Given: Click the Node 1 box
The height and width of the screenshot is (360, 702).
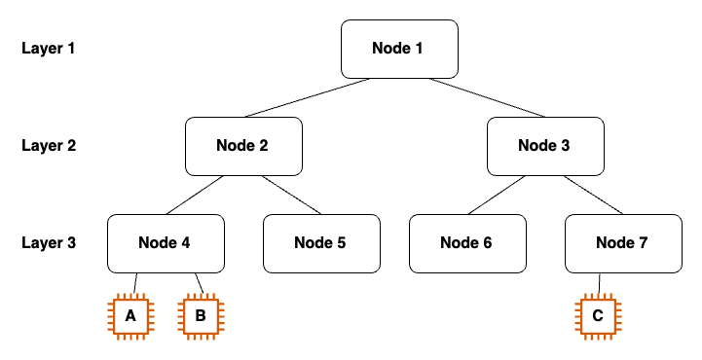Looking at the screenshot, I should click(398, 49).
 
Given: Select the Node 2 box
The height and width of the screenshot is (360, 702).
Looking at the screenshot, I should click(243, 146).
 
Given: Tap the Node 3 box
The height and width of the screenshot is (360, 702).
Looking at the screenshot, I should click(545, 146).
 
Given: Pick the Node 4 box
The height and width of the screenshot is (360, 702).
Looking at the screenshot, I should click(166, 243).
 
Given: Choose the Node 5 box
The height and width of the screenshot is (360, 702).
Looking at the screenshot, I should click(321, 243).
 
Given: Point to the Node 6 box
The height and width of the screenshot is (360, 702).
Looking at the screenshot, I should click(467, 243).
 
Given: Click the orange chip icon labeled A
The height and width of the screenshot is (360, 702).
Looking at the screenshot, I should click(130, 315).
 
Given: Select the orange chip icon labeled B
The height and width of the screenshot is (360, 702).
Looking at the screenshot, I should click(200, 315).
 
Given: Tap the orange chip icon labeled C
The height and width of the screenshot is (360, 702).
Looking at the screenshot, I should click(598, 315).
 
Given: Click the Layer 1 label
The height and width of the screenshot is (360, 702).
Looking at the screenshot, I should click(49, 48).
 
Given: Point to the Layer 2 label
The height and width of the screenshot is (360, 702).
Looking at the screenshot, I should click(49, 146).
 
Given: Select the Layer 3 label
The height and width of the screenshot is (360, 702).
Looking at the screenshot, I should click(49, 243).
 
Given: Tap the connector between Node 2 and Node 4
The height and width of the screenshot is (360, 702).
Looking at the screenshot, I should click(195, 195).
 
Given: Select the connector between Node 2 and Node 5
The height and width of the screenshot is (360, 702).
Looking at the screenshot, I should click(291, 195).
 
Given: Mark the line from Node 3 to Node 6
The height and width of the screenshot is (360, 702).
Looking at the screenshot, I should click(498, 195).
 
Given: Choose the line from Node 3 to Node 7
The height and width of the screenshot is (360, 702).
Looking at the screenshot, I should click(593, 195).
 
